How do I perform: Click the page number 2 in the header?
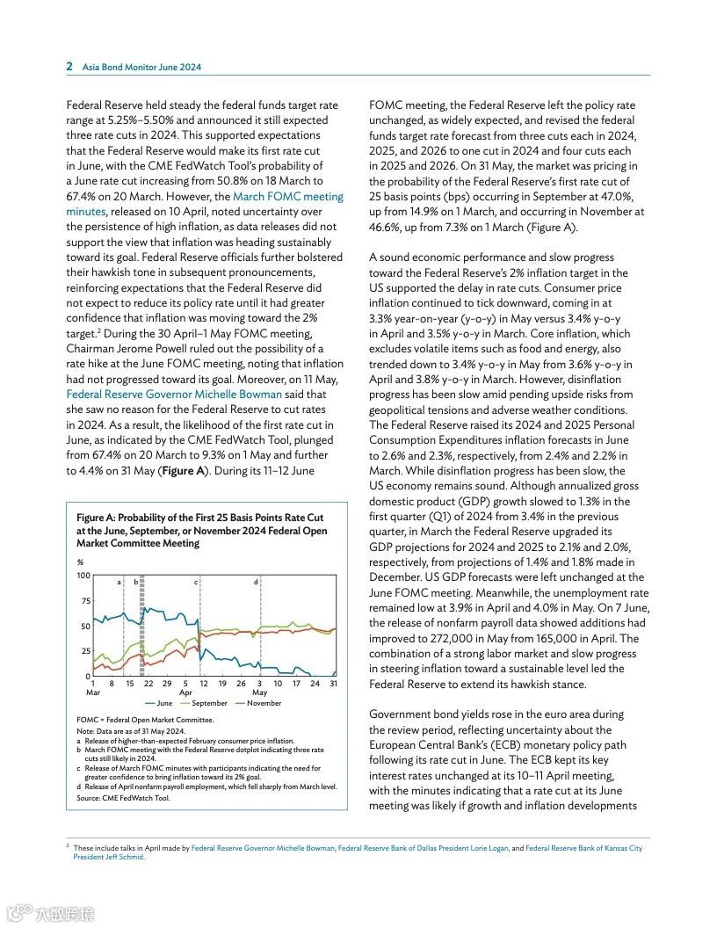[69, 66]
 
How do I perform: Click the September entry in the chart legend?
[203, 703]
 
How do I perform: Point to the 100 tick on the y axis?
[83, 575]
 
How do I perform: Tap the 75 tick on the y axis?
[85, 600]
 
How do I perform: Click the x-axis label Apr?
[185, 692]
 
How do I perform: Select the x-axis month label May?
[259, 692]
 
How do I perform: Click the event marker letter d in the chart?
[256, 582]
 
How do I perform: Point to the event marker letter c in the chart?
[196, 582]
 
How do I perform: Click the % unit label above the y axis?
[80, 562]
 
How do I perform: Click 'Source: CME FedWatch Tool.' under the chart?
[123, 798]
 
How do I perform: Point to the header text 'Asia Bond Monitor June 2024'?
[141, 67]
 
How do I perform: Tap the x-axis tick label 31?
[334, 683]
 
